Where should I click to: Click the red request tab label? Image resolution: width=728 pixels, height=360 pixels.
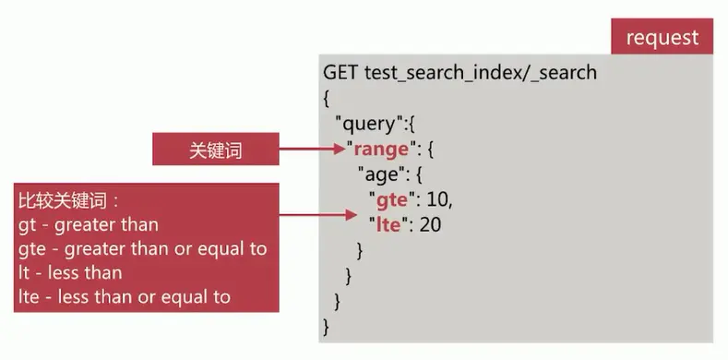point(662,38)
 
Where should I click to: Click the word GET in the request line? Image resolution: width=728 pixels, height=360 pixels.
point(341,72)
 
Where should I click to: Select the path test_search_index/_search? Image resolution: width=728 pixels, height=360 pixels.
point(481,72)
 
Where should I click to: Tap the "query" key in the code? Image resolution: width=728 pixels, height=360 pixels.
point(367,123)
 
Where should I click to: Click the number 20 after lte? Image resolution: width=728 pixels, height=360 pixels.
point(430,223)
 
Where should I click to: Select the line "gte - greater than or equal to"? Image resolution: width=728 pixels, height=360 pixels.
point(142,249)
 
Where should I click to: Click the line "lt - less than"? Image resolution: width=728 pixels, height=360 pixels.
point(70,273)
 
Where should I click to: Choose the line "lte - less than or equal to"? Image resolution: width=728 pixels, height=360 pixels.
point(124,297)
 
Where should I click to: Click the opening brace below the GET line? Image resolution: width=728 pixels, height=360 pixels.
point(327,97)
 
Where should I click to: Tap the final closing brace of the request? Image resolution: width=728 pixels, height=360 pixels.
point(327,327)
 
